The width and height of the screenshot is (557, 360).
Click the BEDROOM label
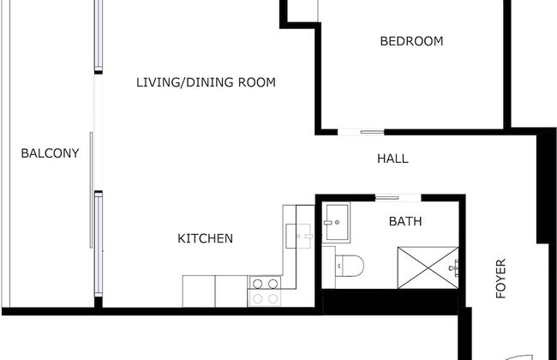(x=411, y=41)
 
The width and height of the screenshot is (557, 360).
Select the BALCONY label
(x=50, y=153)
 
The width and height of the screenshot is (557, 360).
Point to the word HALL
(x=392, y=159)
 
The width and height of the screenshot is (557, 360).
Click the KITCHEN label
(x=205, y=238)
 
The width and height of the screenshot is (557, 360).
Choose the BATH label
(x=405, y=221)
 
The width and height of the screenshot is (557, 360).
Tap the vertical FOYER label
(x=501, y=279)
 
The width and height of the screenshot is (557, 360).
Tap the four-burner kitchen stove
(x=264, y=291)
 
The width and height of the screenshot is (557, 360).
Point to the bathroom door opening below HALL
(x=398, y=196)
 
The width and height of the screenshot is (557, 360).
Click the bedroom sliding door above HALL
(x=361, y=131)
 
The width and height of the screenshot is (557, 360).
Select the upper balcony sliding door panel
(x=98, y=34)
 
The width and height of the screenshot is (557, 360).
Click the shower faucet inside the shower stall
(x=455, y=267)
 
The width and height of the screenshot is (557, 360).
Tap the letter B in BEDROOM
(x=384, y=41)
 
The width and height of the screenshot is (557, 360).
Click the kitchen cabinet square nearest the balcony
(x=198, y=291)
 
